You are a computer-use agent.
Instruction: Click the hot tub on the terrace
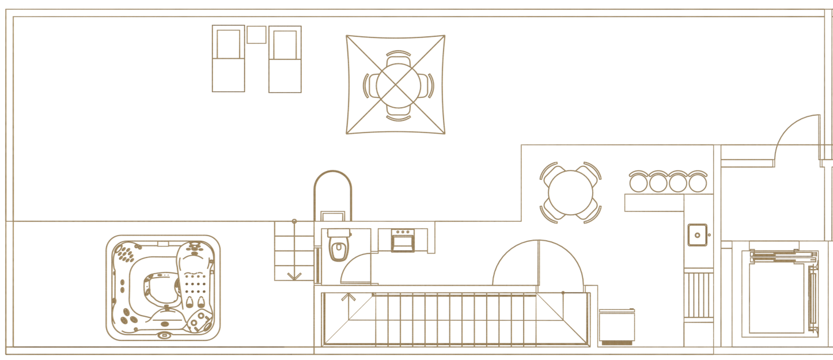[x=163, y=286]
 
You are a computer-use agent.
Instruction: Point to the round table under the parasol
[x=396, y=85]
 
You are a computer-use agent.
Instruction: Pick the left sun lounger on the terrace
[x=229, y=59]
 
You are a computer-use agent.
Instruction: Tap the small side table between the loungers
[x=257, y=35]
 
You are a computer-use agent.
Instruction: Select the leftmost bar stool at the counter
[x=639, y=182]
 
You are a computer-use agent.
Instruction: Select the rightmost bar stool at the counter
[x=698, y=182]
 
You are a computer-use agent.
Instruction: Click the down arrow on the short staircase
[x=294, y=274]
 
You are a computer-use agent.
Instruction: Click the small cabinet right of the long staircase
[x=617, y=327]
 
